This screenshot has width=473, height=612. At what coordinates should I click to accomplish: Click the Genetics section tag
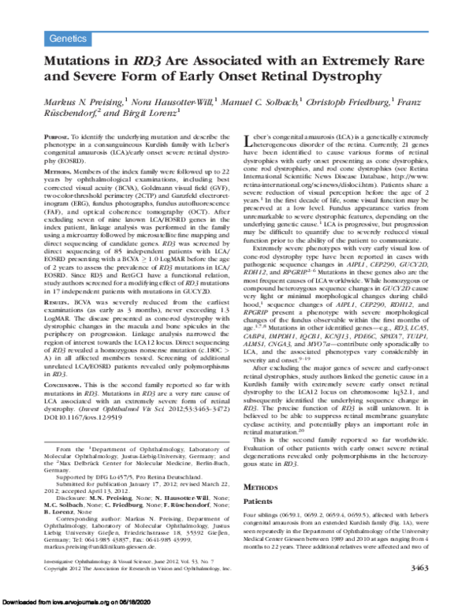(x=67, y=38)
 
